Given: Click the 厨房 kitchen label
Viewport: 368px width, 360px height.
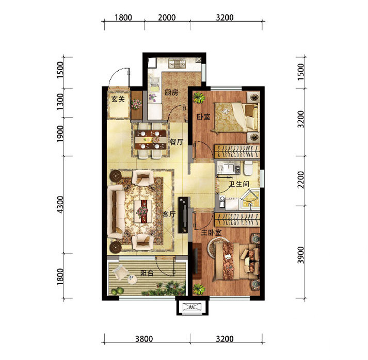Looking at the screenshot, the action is (x=171, y=93).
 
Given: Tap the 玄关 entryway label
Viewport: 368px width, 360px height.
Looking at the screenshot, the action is (x=118, y=99).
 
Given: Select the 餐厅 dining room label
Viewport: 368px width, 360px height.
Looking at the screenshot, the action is (x=177, y=142).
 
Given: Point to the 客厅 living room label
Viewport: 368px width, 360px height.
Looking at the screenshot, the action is (x=169, y=214).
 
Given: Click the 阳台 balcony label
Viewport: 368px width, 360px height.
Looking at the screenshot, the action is (x=147, y=273).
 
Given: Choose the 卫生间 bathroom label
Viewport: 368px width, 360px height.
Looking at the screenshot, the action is (x=239, y=184).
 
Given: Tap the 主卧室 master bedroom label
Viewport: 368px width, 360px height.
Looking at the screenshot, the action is (x=211, y=233).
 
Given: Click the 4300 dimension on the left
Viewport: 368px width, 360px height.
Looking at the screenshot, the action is (x=60, y=205).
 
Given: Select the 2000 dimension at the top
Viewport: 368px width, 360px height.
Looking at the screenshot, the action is (x=167, y=18).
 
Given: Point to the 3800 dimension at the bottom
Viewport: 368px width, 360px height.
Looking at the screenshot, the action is (x=144, y=339).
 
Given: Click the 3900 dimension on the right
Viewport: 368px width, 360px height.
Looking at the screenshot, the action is (x=300, y=255).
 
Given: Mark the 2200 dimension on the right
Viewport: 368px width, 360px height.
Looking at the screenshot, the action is (x=300, y=179).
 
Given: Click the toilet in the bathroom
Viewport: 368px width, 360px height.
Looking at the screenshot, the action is (x=248, y=168).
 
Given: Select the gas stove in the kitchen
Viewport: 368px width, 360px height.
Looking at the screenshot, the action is (x=177, y=63).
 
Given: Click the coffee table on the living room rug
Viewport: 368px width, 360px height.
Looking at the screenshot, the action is (x=142, y=211).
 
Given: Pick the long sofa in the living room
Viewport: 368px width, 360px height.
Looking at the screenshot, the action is (x=116, y=211).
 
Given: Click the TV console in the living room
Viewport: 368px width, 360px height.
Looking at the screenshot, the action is (x=183, y=215).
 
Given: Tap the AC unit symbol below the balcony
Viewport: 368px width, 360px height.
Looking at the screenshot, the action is (x=192, y=307).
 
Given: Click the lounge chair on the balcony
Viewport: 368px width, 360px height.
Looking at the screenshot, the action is (x=121, y=272).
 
